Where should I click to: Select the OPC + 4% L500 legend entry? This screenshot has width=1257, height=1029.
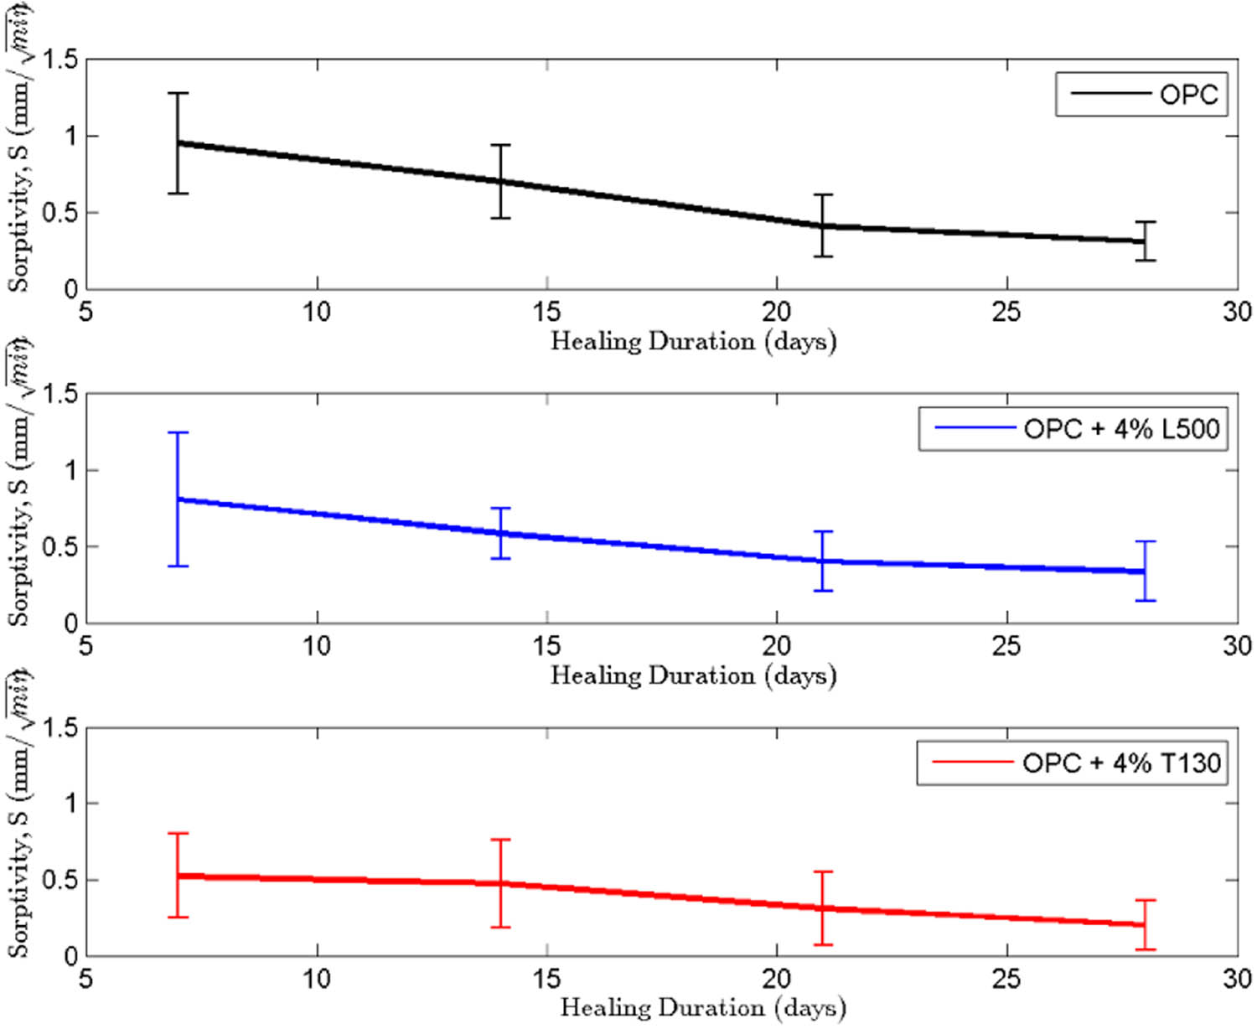point(1074,429)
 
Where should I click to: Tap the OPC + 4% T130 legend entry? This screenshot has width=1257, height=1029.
point(1073,763)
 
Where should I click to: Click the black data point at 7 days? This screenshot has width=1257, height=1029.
point(178,143)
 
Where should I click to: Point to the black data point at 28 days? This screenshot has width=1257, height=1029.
point(1145,241)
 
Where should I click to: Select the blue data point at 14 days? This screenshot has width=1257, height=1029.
point(500,533)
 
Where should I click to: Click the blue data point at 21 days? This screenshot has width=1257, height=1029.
point(823,561)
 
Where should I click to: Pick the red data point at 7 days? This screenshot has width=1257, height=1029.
point(178,876)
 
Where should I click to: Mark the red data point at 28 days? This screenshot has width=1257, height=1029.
point(1145,924)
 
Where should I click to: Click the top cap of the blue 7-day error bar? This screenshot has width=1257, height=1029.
point(178,432)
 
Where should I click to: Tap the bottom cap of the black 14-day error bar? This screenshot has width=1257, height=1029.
point(500,218)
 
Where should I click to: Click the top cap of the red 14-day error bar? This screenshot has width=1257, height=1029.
point(500,840)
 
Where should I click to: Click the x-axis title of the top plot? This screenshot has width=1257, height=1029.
point(693,342)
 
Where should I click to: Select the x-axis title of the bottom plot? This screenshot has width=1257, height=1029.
point(702,1008)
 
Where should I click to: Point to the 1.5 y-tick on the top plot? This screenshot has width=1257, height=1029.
point(60,59)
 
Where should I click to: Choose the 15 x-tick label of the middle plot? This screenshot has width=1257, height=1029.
point(546,646)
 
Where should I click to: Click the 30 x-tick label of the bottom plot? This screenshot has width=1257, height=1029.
point(1237,979)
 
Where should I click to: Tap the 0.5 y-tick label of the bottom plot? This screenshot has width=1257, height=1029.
point(60,881)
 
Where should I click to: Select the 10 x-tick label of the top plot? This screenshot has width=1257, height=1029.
point(317,313)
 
